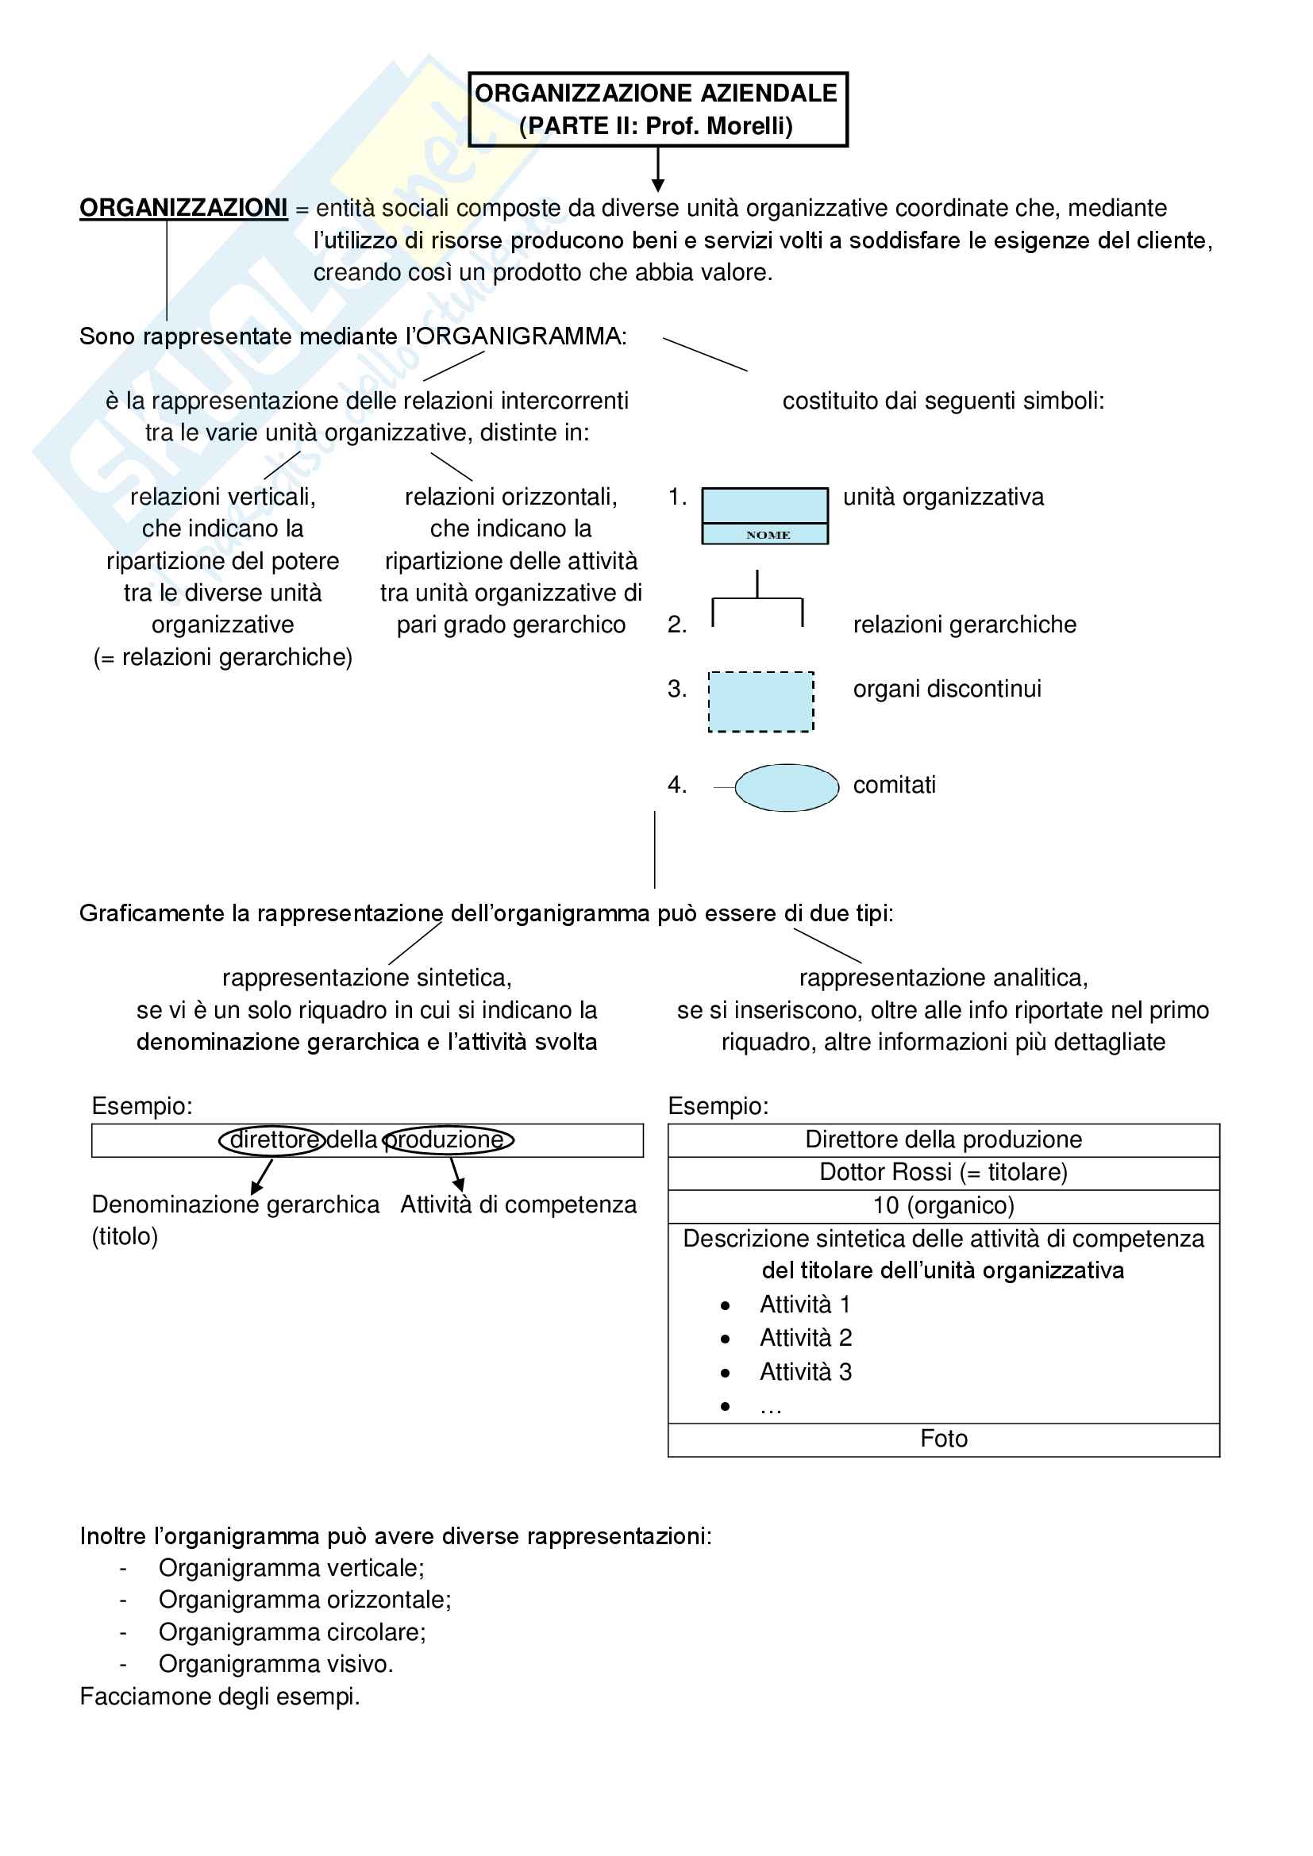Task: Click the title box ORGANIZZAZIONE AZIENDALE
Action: pyautogui.click(x=657, y=110)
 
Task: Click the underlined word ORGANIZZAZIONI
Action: pyautogui.click(x=183, y=208)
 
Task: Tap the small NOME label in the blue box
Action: pyautogui.click(x=768, y=534)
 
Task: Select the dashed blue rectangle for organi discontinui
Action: pyautogui.click(x=760, y=701)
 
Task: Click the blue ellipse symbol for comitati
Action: pyautogui.click(x=786, y=787)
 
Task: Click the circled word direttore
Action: pyautogui.click(x=272, y=1139)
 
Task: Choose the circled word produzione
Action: pyautogui.click(x=447, y=1139)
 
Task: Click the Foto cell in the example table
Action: pyautogui.click(x=944, y=1439)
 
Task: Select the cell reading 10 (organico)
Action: pyautogui.click(x=944, y=1205)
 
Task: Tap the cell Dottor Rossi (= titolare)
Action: pyautogui.click(x=944, y=1172)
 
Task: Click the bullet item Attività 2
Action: pyautogui.click(x=805, y=1338)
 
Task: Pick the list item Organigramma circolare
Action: pyautogui.click(x=292, y=1632)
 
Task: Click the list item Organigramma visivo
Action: pyautogui.click(x=275, y=1664)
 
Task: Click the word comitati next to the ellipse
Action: pyautogui.click(x=894, y=785)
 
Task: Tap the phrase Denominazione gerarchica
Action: pyautogui.click(x=235, y=1205)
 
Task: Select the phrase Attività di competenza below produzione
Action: pyautogui.click(x=518, y=1205)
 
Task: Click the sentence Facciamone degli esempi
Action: pyautogui.click(x=220, y=1696)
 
